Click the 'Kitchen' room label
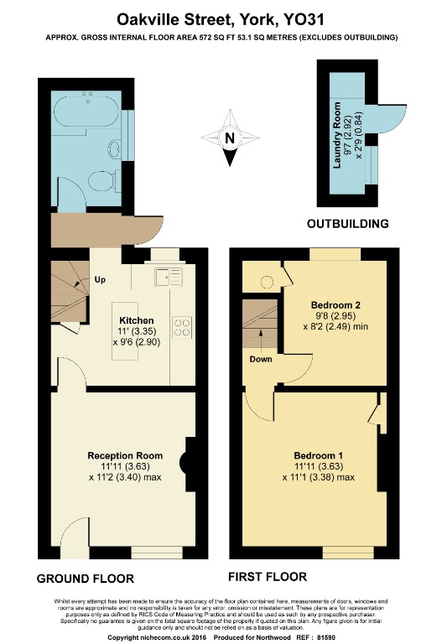pyautogui.click(x=136, y=320)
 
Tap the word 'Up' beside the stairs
pyautogui.click(x=100, y=280)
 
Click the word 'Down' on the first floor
pyautogui.click(x=259, y=359)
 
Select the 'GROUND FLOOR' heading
pyautogui.click(x=86, y=579)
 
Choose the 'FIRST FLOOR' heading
pyautogui.click(x=268, y=577)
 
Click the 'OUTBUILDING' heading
pyautogui.click(x=347, y=224)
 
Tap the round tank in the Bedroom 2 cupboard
pyautogui.click(x=266, y=282)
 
